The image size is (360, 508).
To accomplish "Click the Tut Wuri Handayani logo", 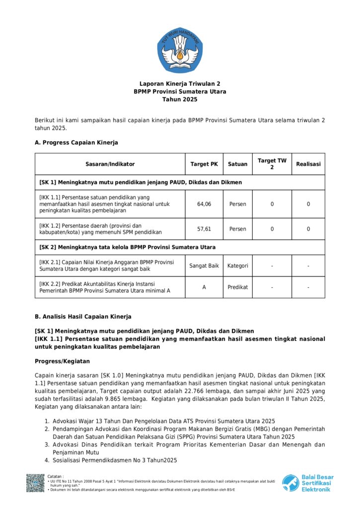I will (x=180, y=50).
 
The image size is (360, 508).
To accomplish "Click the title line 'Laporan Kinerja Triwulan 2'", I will (x=180, y=84).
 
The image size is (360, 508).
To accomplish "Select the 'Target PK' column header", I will (x=204, y=164).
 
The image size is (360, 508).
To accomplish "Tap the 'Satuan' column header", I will (x=237, y=164).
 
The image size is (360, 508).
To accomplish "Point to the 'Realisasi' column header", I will (x=308, y=164).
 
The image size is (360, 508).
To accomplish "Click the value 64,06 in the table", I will (x=204, y=204).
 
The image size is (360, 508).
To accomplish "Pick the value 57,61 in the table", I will (x=204, y=229).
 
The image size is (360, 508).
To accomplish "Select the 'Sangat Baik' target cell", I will (x=204, y=266).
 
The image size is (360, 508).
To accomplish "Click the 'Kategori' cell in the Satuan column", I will (x=237, y=266).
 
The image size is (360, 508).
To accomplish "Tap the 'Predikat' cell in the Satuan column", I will (x=237, y=287).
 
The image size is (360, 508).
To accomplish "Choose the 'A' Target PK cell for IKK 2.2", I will (x=204, y=287).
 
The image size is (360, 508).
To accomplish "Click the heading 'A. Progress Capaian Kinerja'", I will (x=76, y=143).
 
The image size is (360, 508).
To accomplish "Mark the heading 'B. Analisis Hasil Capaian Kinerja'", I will (x=83, y=317).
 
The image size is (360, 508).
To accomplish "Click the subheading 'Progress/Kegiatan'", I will (x=62, y=361).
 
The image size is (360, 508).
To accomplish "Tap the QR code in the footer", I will (x=35, y=483).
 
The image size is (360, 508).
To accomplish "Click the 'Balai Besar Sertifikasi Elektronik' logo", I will (x=308, y=483).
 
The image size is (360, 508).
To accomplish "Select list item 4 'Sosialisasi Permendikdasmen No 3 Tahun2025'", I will (x=115, y=460).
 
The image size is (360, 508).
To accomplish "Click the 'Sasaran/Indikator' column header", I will (x=110, y=164).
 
